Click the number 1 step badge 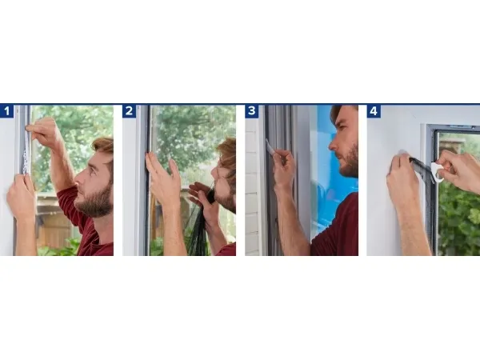click(6, 111)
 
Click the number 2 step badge click(129, 111)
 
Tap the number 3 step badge click(252, 111)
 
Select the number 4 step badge click(374, 111)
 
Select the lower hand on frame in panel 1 click(21, 197)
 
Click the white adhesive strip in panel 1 click(26, 153)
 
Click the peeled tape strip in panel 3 click(270, 147)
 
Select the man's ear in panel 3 click(356, 132)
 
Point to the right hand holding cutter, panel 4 click(459, 171)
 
